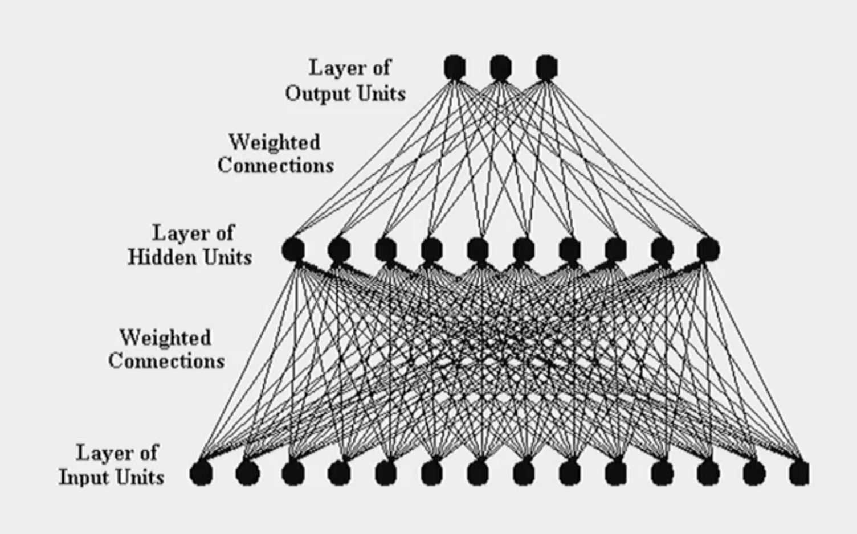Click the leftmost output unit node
(454, 67)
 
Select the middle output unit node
(500, 67)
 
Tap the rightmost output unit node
(546, 67)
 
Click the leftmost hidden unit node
(293, 249)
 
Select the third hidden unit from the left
(386, 249)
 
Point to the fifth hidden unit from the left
(478, 249)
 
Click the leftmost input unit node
(201, 473)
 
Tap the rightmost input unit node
(799, 473)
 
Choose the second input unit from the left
(247, 473)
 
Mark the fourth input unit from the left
(339, 473)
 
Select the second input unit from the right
(754, 473)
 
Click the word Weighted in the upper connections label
(274, 142)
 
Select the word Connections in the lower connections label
(166, 361)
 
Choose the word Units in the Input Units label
(143, 477)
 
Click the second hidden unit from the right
(662, 249)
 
